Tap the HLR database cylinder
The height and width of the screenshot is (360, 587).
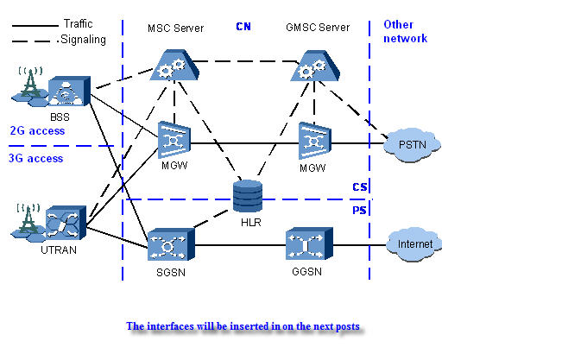click(247, 195)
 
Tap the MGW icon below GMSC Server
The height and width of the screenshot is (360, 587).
click(313, 139)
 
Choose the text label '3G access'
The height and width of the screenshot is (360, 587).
click(35, 158)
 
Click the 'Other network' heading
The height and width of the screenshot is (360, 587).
click(405, 32)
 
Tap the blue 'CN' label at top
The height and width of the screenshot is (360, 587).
click(243, 27)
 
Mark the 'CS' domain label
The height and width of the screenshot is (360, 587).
click(360, 187)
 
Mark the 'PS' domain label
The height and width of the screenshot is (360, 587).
click(360, 211)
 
